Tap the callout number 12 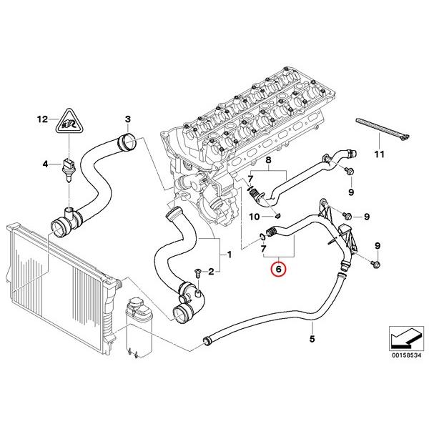42,119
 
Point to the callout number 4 45,164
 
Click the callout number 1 229,255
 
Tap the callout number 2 211,272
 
